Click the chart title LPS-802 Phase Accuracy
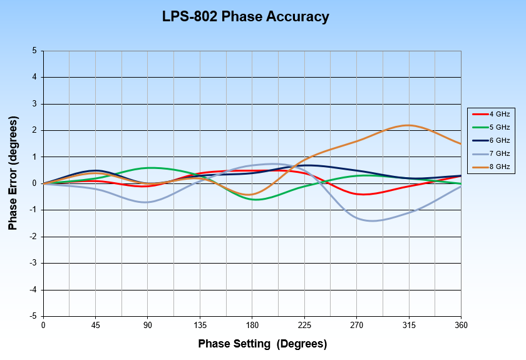point(245,17)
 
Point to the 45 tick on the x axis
point(95,325)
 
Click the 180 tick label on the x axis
point(252,325)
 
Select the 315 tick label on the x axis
point(408,325)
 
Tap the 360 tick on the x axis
point(461,325)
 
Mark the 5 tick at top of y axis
point(34,51)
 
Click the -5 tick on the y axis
point(33,316)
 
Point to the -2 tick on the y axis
point(33,237)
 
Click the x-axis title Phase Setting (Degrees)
point(262,344)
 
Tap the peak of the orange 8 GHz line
point(408,125)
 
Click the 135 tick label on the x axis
point(200,325)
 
